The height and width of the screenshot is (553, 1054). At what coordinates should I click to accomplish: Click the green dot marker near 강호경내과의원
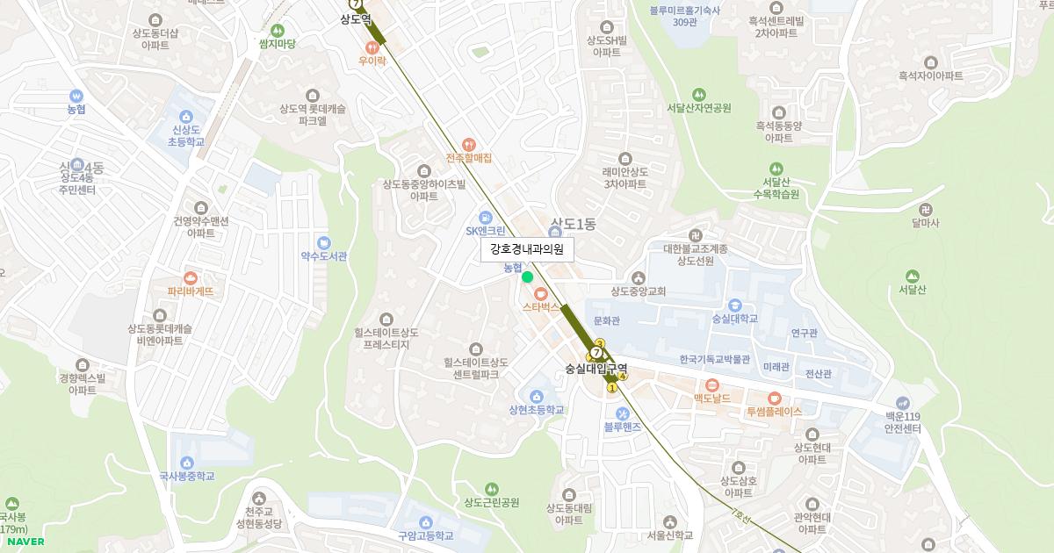click(x=527, y=276)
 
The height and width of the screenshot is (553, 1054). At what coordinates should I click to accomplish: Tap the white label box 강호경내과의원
click(x=527, y=249)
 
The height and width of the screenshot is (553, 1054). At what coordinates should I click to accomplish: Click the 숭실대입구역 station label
click(x=596, y=370)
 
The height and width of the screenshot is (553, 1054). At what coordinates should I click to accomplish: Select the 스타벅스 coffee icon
click(x=540, y=292)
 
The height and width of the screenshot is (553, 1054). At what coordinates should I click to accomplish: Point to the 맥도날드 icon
click(x=711, y=384)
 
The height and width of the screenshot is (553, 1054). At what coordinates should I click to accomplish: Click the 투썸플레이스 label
click(x=774, y=411)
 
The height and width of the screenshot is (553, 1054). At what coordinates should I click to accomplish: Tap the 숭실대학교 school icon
click(x=736, y=304)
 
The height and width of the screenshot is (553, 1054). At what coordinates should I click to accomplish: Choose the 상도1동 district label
click(x=573, y=225)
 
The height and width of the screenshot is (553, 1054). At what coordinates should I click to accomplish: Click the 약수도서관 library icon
click(x=324, y=242)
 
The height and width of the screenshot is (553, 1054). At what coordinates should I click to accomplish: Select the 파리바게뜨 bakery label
click(x=191, y=291)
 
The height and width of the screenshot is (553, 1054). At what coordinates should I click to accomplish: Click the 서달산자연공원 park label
click(x=698, y=108)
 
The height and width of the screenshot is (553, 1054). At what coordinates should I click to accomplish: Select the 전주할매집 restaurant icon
click(x=468, y=144)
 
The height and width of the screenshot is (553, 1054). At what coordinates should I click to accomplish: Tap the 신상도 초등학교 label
click(x=187, y=135)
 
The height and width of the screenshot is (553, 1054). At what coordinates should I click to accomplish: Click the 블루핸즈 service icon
click(x=622, y=413)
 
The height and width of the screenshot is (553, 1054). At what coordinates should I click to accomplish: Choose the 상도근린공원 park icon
click(x=491, y=488)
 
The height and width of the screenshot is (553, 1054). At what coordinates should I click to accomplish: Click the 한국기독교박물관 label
click(x=714, y=359)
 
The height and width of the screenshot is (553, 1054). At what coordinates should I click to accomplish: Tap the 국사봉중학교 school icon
click(x=186, y=463)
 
